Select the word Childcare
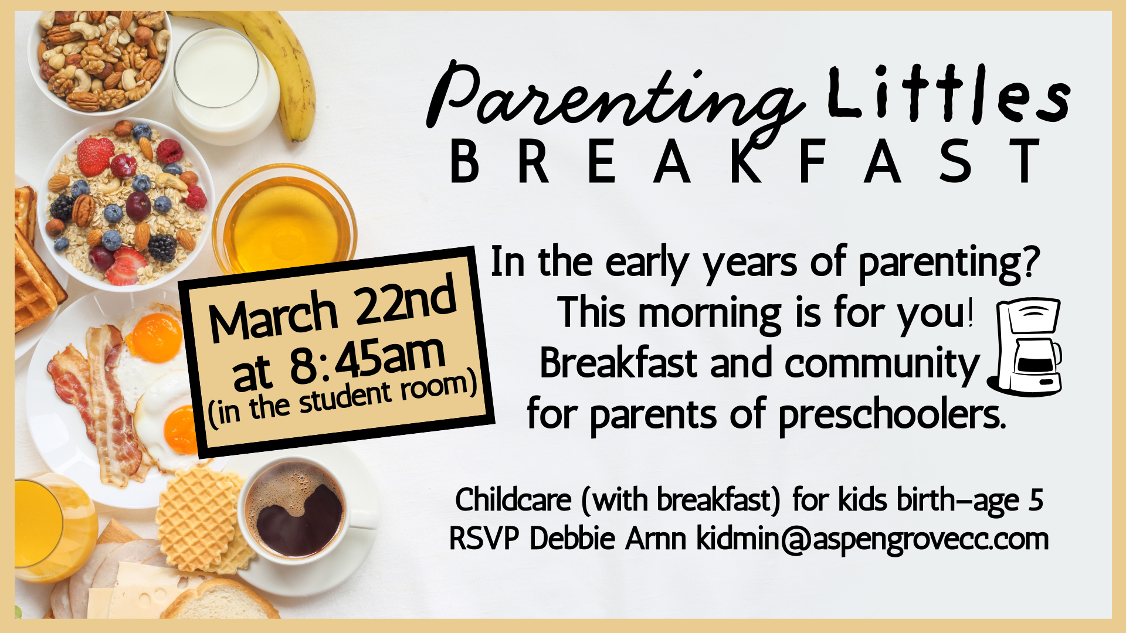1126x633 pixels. click(513, 500)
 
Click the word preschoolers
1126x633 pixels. click(891, 415)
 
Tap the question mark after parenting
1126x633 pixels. click(1029, 262)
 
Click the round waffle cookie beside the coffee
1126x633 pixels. click(196, 516)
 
